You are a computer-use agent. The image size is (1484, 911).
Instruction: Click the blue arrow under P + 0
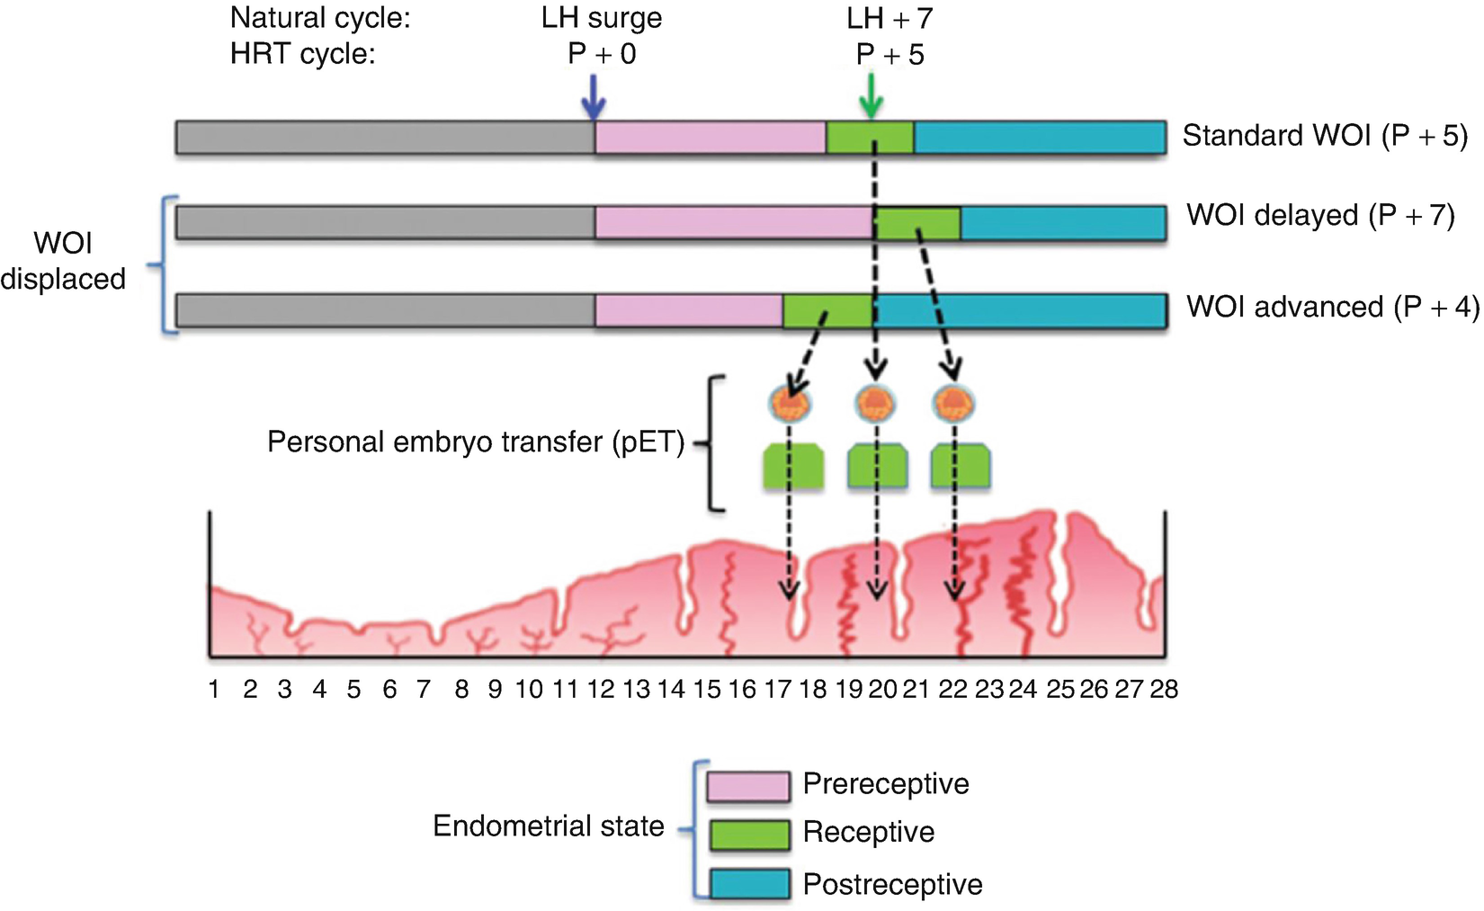pos(592,96)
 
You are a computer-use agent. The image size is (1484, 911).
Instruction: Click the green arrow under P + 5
pos(870,96)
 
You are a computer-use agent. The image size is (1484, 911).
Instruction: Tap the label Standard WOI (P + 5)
pos(1324,136)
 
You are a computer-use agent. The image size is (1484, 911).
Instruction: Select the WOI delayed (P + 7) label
pos(1319,216)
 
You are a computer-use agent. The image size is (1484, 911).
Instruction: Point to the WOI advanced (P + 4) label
pos(1332,308)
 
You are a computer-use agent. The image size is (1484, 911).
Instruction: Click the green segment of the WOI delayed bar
pos(917,223)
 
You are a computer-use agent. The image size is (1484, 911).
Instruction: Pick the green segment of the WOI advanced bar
pos(827,311)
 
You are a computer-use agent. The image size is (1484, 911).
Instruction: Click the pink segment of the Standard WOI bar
pos(710,137)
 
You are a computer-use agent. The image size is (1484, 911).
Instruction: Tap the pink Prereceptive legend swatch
pos(748,786)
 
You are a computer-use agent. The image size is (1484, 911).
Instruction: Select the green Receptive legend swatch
pos(748,835)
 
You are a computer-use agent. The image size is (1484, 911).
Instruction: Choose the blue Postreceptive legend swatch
pos(748,884)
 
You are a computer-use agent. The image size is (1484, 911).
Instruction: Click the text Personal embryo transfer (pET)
pos(476,442)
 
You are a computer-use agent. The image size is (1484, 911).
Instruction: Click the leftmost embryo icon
pos(790,404)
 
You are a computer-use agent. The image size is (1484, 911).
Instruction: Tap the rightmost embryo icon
pos(954,404)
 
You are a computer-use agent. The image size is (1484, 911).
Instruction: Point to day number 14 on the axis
pos(671,690)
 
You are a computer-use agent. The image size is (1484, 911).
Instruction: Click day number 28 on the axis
pos(1164,690)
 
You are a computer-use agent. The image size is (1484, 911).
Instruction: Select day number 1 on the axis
pos(214,690)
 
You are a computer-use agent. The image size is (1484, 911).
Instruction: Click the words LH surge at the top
pos(602,19)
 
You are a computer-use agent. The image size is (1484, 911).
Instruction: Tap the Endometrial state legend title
pos(549,826)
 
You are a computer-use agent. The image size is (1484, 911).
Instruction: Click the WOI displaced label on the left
pos(63,261)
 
